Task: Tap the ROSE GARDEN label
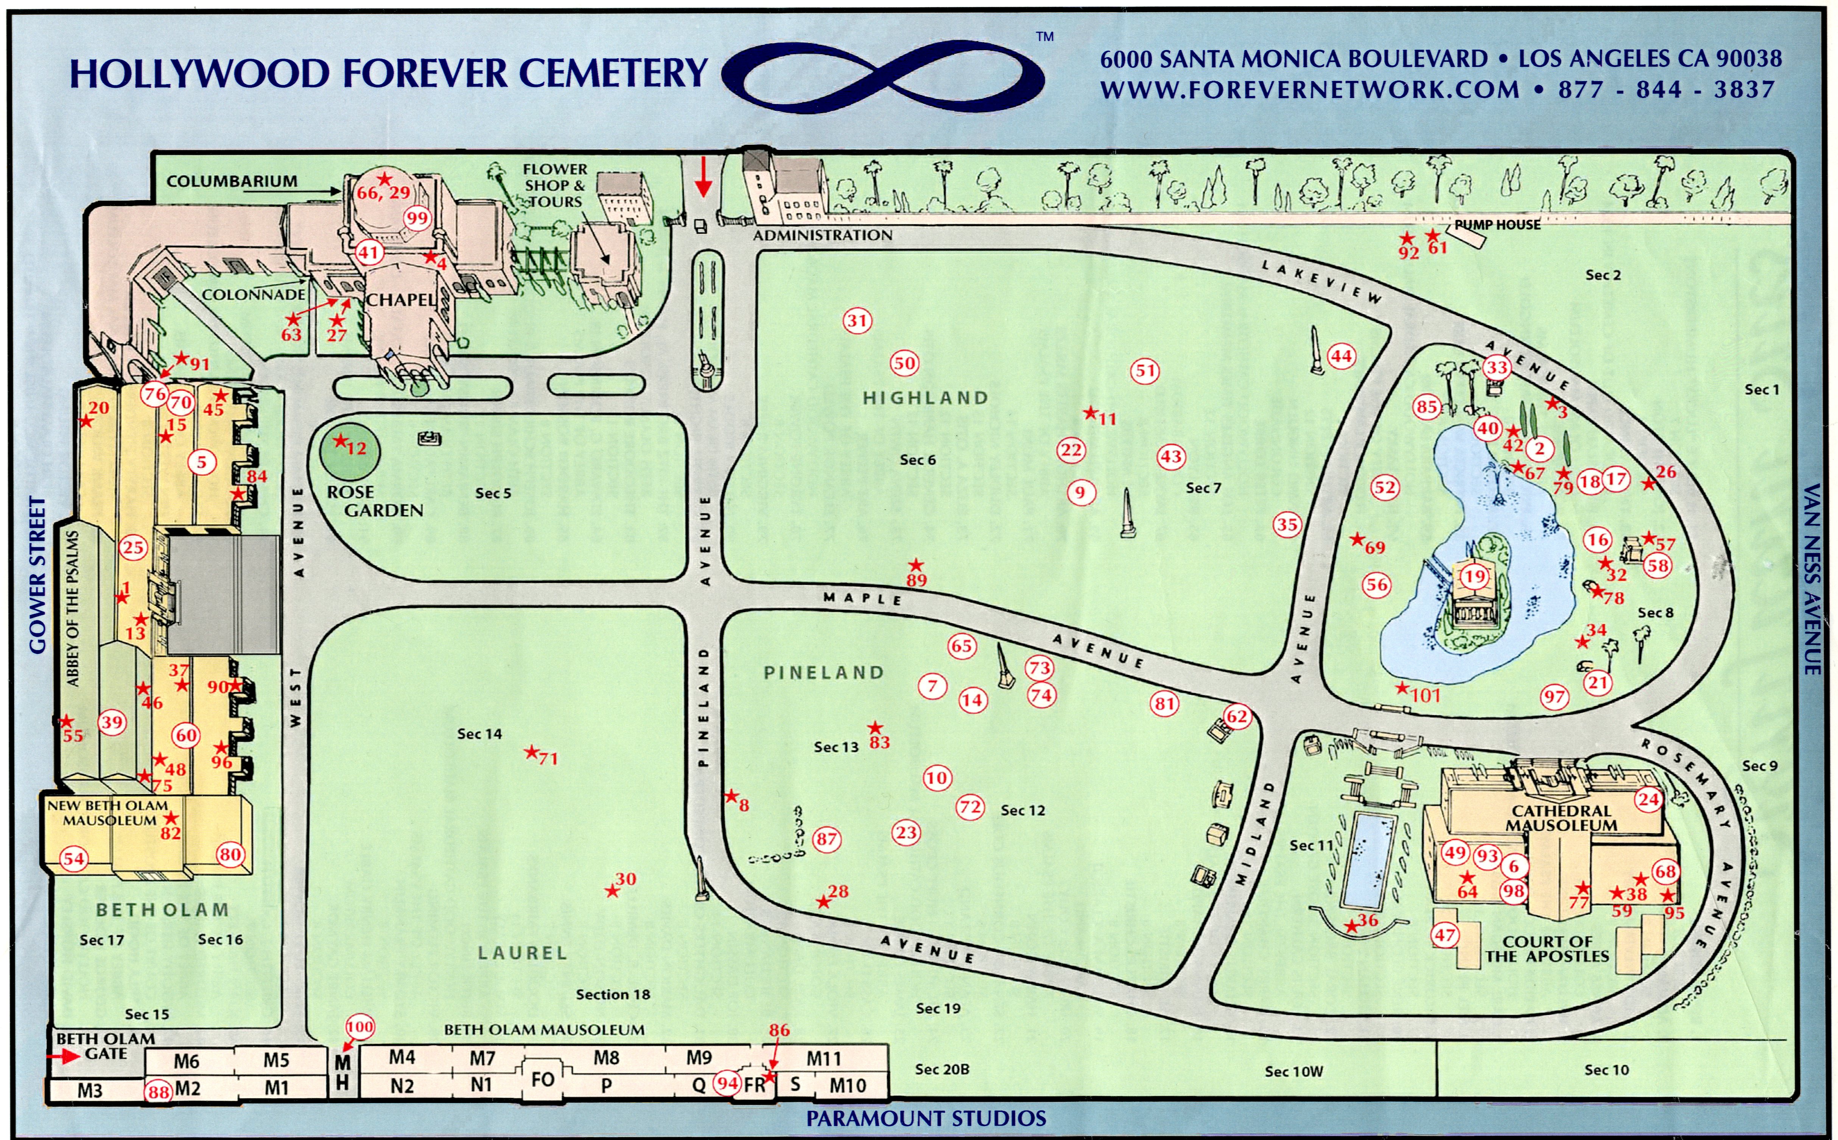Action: click(x=375, y=501)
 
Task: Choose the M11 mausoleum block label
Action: click(x=823, y=1059)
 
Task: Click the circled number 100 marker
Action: click(x=360, y=1026)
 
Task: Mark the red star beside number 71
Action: click(x=532, y=752)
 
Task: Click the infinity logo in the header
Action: click(x=882, y=77)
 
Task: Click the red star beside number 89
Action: click(x=916, y=565)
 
